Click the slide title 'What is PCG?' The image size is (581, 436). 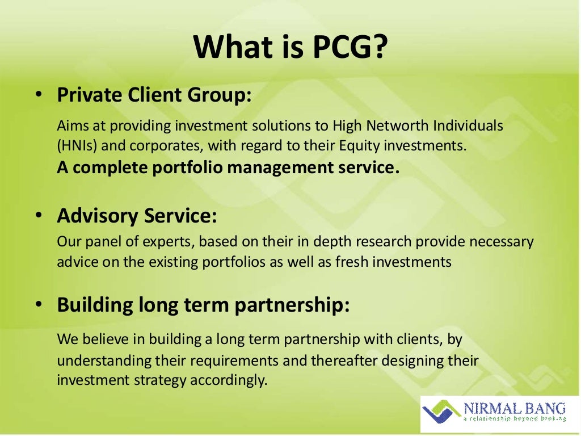(x=290, y=47)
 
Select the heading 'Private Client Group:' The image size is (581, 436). (x=154, y=94)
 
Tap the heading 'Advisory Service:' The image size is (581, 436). (x=137, y=216)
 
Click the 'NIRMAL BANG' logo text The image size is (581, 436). (x=515, y=408)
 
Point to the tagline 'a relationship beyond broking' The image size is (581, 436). (x=515, y=419)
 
